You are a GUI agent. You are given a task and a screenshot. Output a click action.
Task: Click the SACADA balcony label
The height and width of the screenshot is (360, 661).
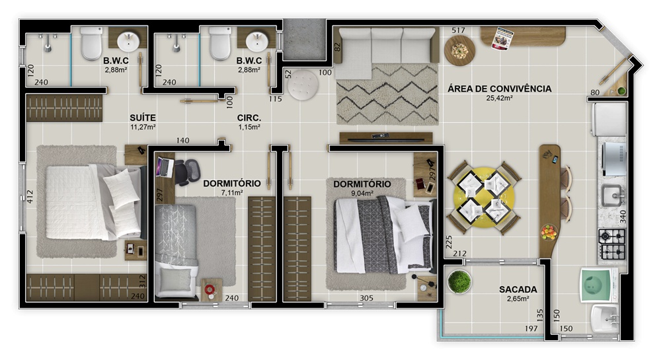tap(518, 289)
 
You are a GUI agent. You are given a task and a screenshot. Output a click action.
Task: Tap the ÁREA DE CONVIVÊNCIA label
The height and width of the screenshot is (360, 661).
tap(500, 89)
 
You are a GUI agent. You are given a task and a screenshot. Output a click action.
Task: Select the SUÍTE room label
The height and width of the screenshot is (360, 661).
tap(143, 118)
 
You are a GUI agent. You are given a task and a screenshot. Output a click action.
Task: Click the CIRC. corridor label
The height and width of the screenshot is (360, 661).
tap(249, 118)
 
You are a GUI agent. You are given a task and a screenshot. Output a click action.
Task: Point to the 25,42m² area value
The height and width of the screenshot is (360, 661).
tap(500, 98)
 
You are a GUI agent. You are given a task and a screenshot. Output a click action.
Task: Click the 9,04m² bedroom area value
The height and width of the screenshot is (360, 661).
tap(362, 194)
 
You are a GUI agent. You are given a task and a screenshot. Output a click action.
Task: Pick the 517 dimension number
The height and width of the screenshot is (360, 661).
tap(458, 30)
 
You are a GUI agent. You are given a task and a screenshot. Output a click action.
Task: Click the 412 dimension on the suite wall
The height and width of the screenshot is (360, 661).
tap(30, 197)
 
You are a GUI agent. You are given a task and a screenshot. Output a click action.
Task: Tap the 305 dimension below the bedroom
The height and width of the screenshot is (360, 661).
tap(366, 298)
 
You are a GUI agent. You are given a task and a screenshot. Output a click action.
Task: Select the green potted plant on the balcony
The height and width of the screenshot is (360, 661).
tap(459, 281)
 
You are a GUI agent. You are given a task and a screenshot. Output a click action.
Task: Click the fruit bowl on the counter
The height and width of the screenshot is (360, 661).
tap(549, 233)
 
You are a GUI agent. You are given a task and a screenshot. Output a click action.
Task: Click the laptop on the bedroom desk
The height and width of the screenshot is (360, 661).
tap(164, 167)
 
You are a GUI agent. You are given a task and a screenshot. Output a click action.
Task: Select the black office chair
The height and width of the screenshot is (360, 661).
tap(187, 172)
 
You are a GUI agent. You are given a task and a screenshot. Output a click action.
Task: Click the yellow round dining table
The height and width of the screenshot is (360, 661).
tap(484, 197)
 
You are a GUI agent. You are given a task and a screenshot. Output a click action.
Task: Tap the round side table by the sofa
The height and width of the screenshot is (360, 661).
tap(459, 50)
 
